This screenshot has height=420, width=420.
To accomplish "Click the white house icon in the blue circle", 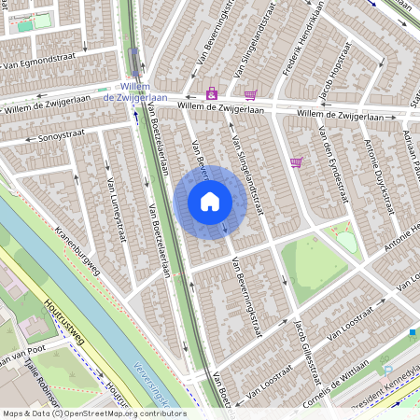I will [x=210, y=201].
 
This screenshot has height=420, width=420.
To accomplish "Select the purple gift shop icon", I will [x=212, y=93].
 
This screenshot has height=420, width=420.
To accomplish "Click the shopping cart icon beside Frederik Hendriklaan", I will [x=250, y=94].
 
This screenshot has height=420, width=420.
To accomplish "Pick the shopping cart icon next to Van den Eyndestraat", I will [x=297, y=162].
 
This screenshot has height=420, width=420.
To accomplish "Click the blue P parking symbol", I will [x=385, y=371].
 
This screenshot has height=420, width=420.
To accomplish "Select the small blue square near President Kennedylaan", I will [x=413, y=332].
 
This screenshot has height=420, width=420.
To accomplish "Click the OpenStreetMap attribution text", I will [x=93, y=413].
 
